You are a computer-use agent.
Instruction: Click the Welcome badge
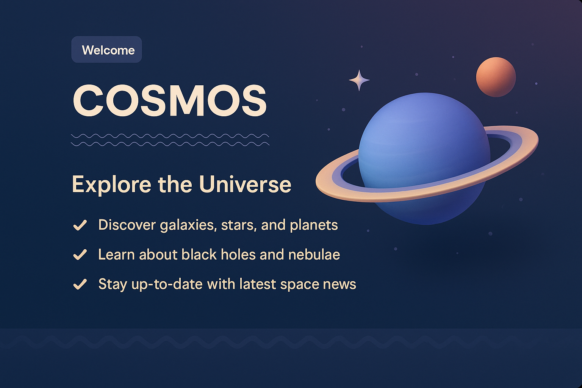pyautogui.click(x=106, y=50)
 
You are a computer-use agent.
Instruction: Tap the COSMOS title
pyautogui.click(x=170, y=101)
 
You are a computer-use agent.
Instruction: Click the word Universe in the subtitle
pyautogui.click(x=245, y=184)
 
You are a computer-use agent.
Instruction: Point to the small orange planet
pyautogui.click(x=496, y=77)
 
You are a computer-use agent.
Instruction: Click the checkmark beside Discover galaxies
pyautogui.click(x=80, y=225)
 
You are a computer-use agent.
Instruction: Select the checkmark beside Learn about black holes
pyautogui.click(x=80, y=255)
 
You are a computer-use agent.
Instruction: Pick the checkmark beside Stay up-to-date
pyautogui.click(x=80, y=284)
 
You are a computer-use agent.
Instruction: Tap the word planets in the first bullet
pyautogui.click(x=314, y=225)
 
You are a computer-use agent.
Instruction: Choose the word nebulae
pyautogui.click(x=314, y=255)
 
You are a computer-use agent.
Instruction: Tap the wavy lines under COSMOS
pyautogui.click(x=170, y=140)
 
